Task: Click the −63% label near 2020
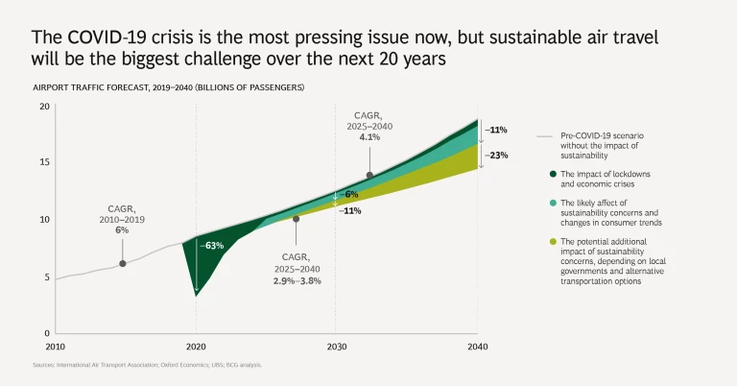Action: pos(211,246)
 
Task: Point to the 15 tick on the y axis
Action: pos(43,162)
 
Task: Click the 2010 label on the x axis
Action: pos(56,347)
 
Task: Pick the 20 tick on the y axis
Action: pos(43,106)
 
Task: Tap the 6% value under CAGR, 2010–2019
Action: pos(122,230)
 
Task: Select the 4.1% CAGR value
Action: pos(369,137)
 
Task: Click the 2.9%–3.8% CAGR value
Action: pos(297,280)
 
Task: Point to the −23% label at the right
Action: pos(496,155)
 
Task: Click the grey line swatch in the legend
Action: pos(544,136)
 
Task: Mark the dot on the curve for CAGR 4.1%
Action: pos(369,175)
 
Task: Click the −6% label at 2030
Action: pos(350,194)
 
